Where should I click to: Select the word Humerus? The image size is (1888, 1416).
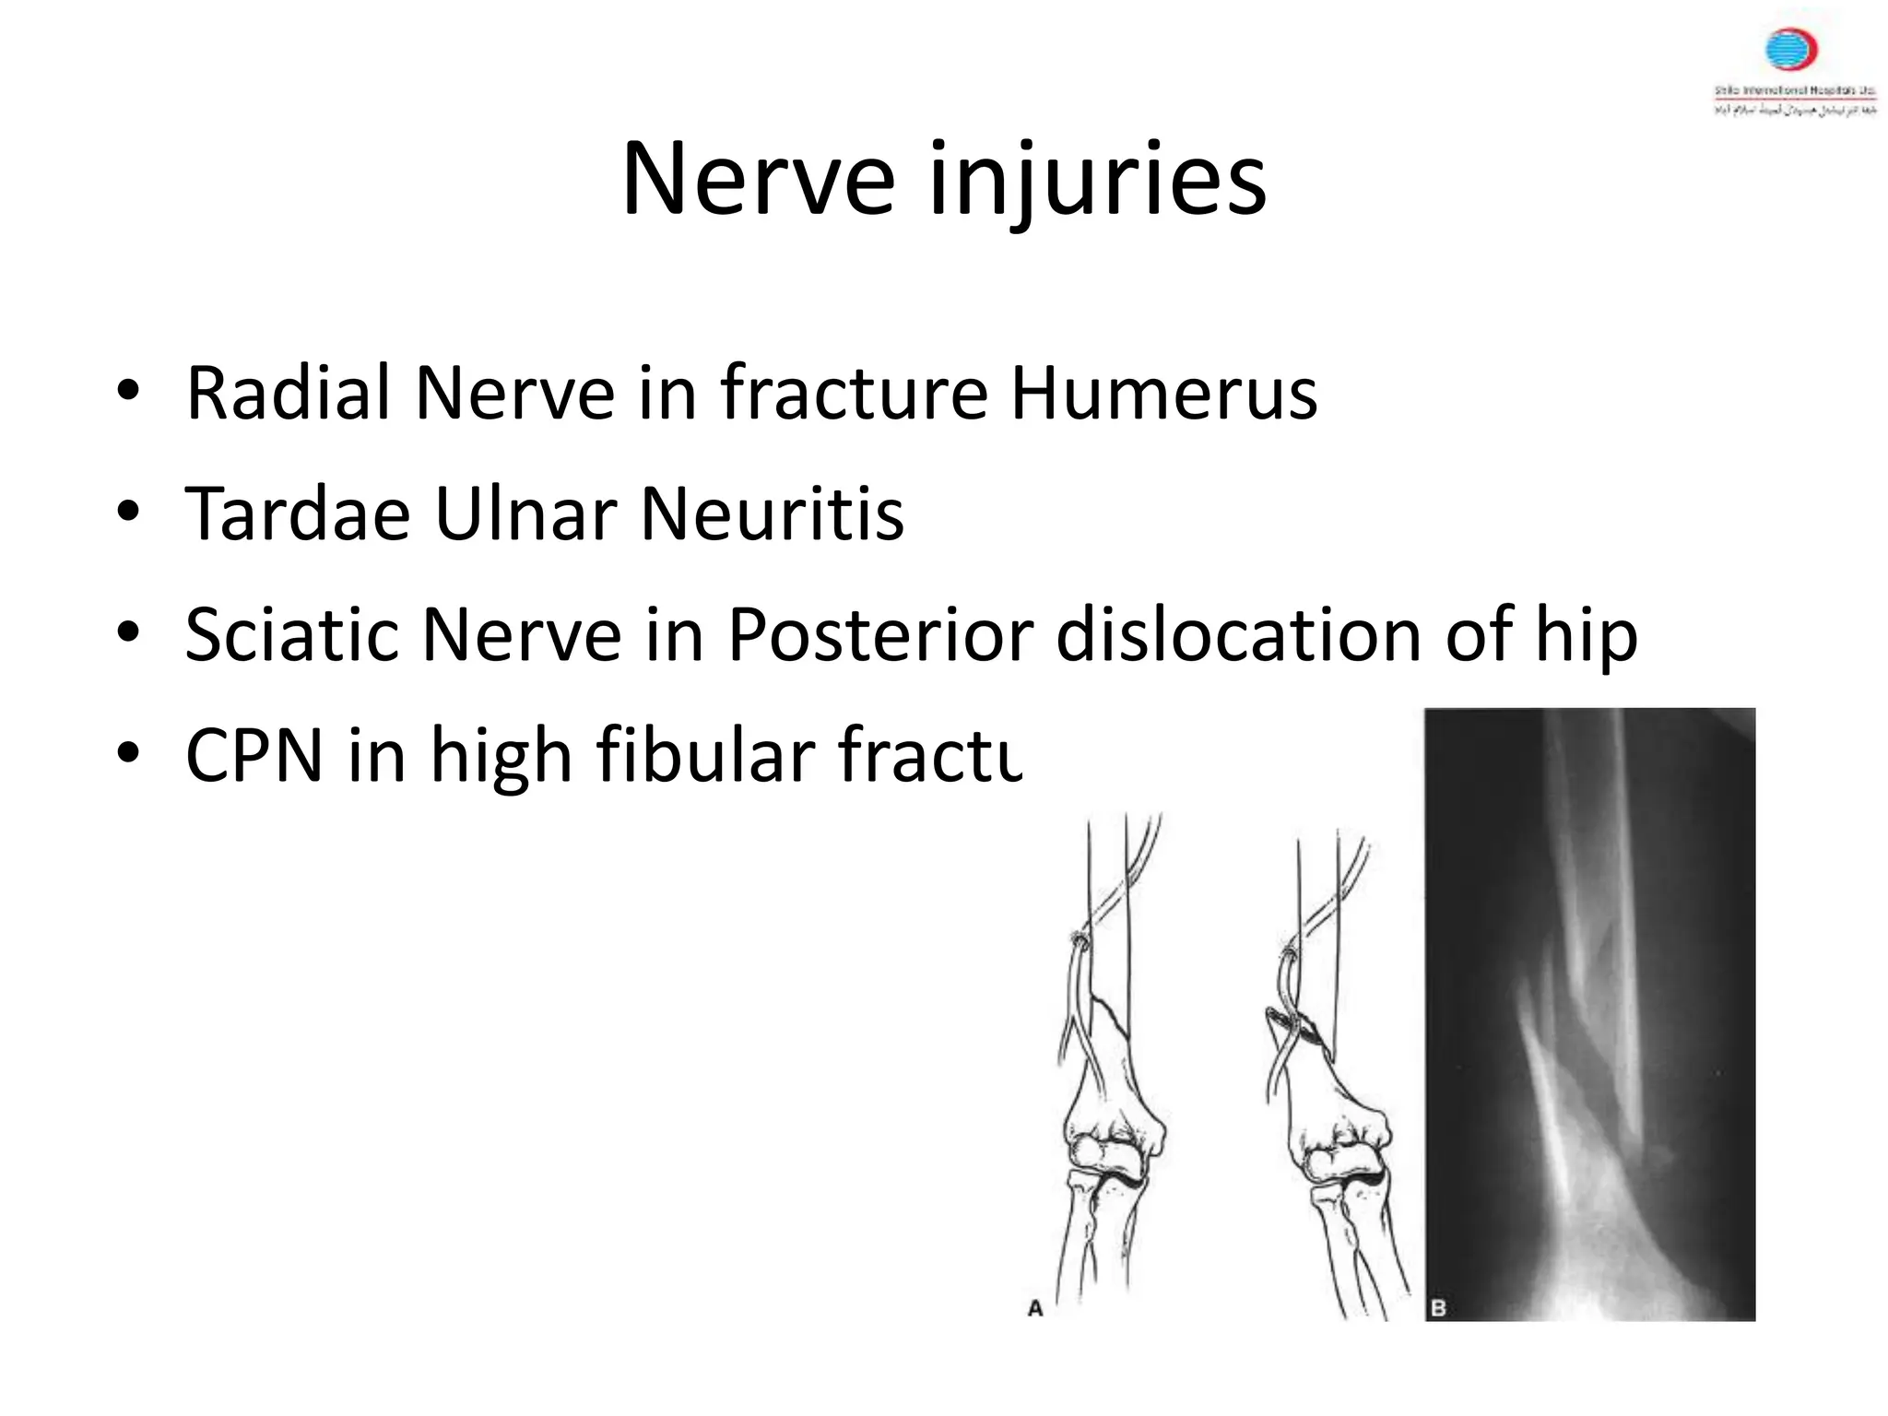(1163, 394)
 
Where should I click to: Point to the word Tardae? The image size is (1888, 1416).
(297, 514)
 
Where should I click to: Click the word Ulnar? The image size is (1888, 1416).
(525, 514)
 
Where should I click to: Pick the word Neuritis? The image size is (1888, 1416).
(773, 514)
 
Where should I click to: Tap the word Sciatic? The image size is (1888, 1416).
(291, 635)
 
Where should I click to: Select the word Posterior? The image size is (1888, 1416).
(879, 635)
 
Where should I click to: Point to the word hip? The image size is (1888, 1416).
(1586, 637)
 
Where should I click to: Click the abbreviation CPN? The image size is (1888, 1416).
(254, 756)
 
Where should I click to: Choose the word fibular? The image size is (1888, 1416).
(703, 756)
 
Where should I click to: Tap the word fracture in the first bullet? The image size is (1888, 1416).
(854, 394)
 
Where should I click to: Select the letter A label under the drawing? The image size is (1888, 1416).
(1035, 1308)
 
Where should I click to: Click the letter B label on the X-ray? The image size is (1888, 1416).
(1438, 1307)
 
